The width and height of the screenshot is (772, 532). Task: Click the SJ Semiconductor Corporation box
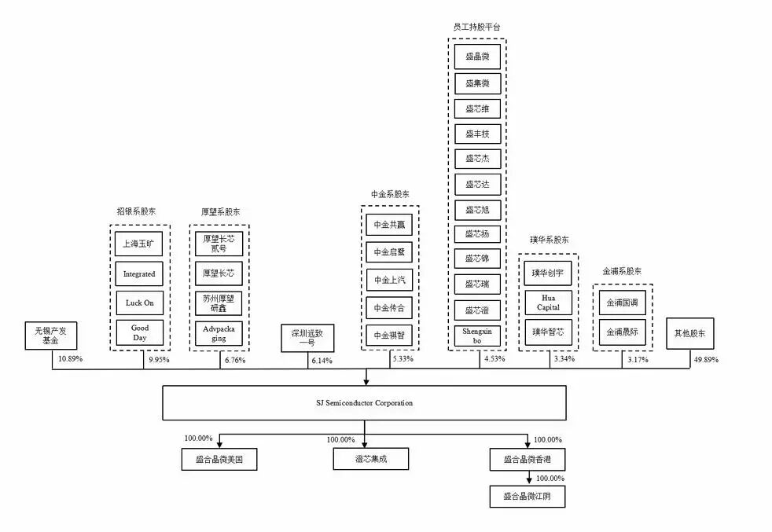tap(364, 402)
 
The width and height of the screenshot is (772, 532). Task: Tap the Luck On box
tap(140, 303)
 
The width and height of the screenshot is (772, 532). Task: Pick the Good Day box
tap(140, 333)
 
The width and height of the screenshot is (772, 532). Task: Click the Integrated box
tap(140, 274)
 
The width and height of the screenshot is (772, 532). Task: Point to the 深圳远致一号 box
tap(307, 339)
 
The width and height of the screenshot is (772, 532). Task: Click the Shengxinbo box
tap(477, 336)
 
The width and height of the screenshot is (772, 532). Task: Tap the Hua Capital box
tap(548, 303)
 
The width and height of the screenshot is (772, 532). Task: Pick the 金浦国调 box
tap(623, 303)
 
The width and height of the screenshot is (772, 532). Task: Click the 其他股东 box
tap(689, 333)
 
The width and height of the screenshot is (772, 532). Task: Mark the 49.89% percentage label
tap(705, 359)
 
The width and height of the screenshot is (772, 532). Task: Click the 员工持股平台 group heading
tap(476, 27)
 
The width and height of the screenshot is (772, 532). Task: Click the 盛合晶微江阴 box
tap(527, 497)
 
